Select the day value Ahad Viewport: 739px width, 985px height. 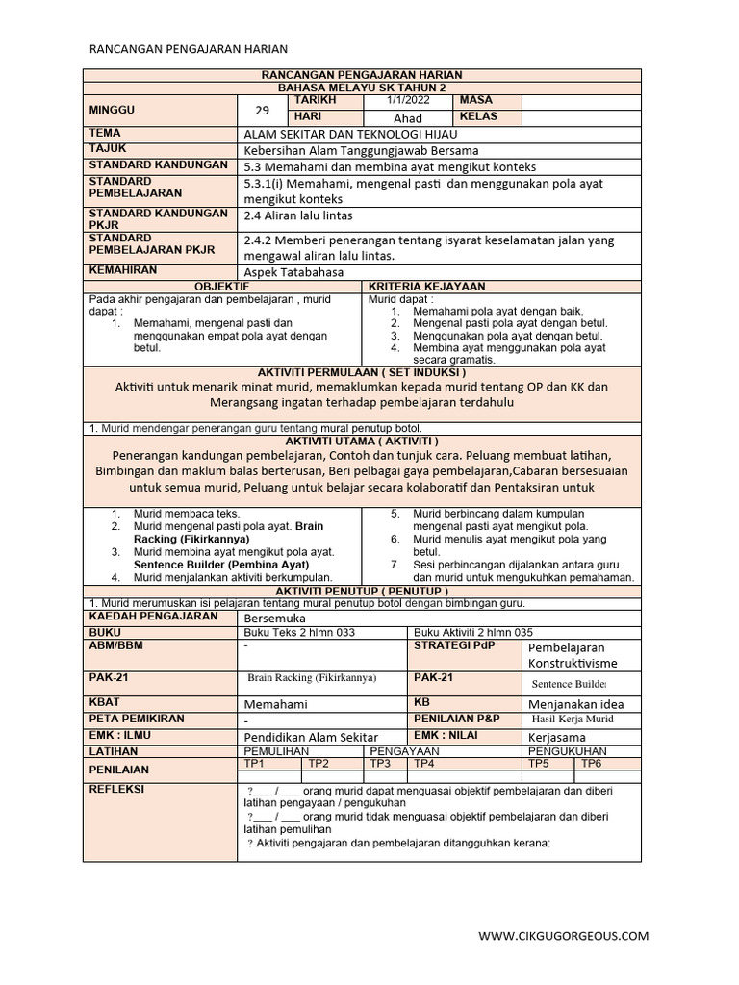click(408, 118)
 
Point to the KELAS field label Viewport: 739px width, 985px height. click(481, 117)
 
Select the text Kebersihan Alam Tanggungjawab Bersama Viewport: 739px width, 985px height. click(361, 150)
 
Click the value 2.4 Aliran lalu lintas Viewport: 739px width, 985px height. click(299, 216)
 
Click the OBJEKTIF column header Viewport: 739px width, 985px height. click(222, 287)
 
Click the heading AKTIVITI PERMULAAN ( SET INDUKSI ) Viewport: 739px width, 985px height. click(363, 371)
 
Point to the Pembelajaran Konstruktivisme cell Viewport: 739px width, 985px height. click(571, 655)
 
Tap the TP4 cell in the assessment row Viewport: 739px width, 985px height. click(424, 763)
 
